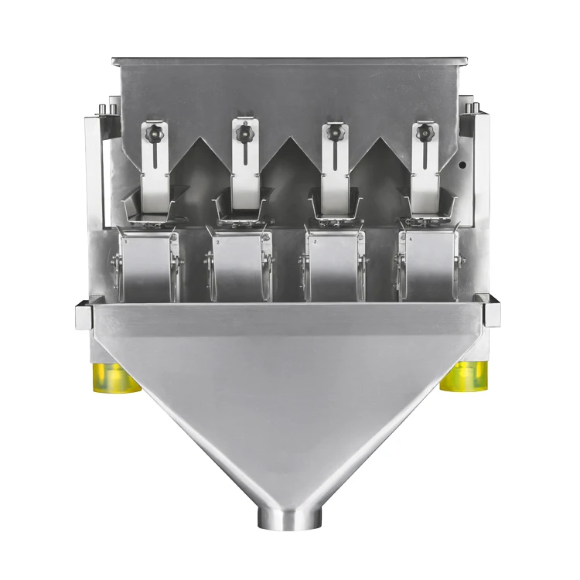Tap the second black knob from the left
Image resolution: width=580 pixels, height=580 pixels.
pos(244,133)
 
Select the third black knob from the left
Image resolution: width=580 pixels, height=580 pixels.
pos(335,133)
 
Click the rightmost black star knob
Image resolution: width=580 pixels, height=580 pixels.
pos(423,134)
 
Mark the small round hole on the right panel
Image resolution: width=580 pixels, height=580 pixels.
pos(462,165)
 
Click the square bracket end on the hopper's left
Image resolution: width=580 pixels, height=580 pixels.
pos(84,315)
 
